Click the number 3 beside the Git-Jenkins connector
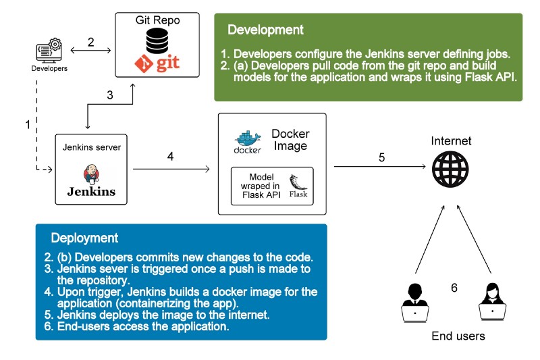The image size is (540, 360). click(x=110, y=95)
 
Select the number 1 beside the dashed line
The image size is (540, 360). click(x=28, y=125)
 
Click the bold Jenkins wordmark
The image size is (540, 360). click(x=91, y=191)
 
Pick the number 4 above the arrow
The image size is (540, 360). click(x=171, y=157)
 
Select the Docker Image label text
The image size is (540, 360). click(x=290, y=140)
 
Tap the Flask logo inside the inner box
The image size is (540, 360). click(x=298, y=186)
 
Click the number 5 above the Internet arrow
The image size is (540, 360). click(x=381, y=158)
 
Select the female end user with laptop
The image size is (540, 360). click(x=493, y=301)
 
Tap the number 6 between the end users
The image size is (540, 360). click(x=454, y=288)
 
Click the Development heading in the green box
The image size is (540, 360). click(x=265, y=30)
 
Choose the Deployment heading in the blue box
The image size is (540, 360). click(x=84, y=238)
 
